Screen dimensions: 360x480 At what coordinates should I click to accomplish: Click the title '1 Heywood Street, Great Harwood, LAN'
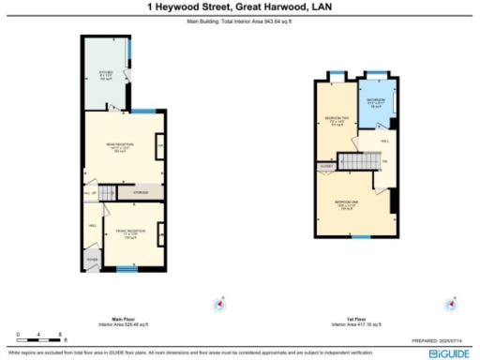tap(240, 7)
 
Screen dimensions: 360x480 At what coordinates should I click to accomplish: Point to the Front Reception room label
tap(130, 233)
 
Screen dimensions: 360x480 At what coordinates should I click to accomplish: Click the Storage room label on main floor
tap(141, 192)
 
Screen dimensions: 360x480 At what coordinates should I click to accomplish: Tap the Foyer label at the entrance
tap(92, 258)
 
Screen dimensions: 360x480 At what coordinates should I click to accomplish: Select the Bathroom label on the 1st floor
tap(376, 102)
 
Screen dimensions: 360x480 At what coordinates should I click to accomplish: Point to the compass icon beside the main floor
tap(220, 303)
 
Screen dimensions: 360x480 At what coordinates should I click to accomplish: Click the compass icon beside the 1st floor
tap(453, 303)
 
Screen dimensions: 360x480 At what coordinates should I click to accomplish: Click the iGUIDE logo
tap(450, 352)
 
